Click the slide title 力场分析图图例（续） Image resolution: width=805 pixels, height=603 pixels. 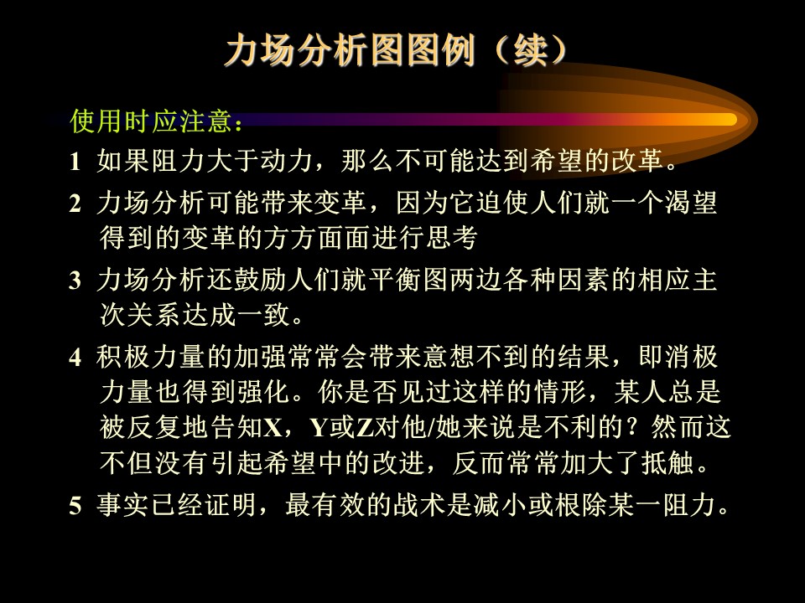[x=397, y=50]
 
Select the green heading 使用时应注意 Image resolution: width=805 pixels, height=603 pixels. [x=152, y=121]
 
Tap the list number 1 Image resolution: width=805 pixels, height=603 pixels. [x=75, y=162]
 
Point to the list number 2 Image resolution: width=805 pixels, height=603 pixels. [x=75, y=204]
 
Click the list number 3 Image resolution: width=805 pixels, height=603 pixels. [x=75, y=281]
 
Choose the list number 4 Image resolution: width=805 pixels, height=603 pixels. [x=75, y=358]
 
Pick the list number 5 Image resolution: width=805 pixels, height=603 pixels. [x=75, y=506]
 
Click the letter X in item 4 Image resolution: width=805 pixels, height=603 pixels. [x=273, y=427]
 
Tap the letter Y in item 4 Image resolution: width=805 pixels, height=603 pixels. [x=319, y=427]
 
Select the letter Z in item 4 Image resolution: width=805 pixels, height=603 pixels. [x=365, y=427]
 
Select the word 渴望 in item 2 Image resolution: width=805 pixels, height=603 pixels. [x=690, y=203]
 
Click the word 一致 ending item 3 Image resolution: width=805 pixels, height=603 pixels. [x=262, y=314]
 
